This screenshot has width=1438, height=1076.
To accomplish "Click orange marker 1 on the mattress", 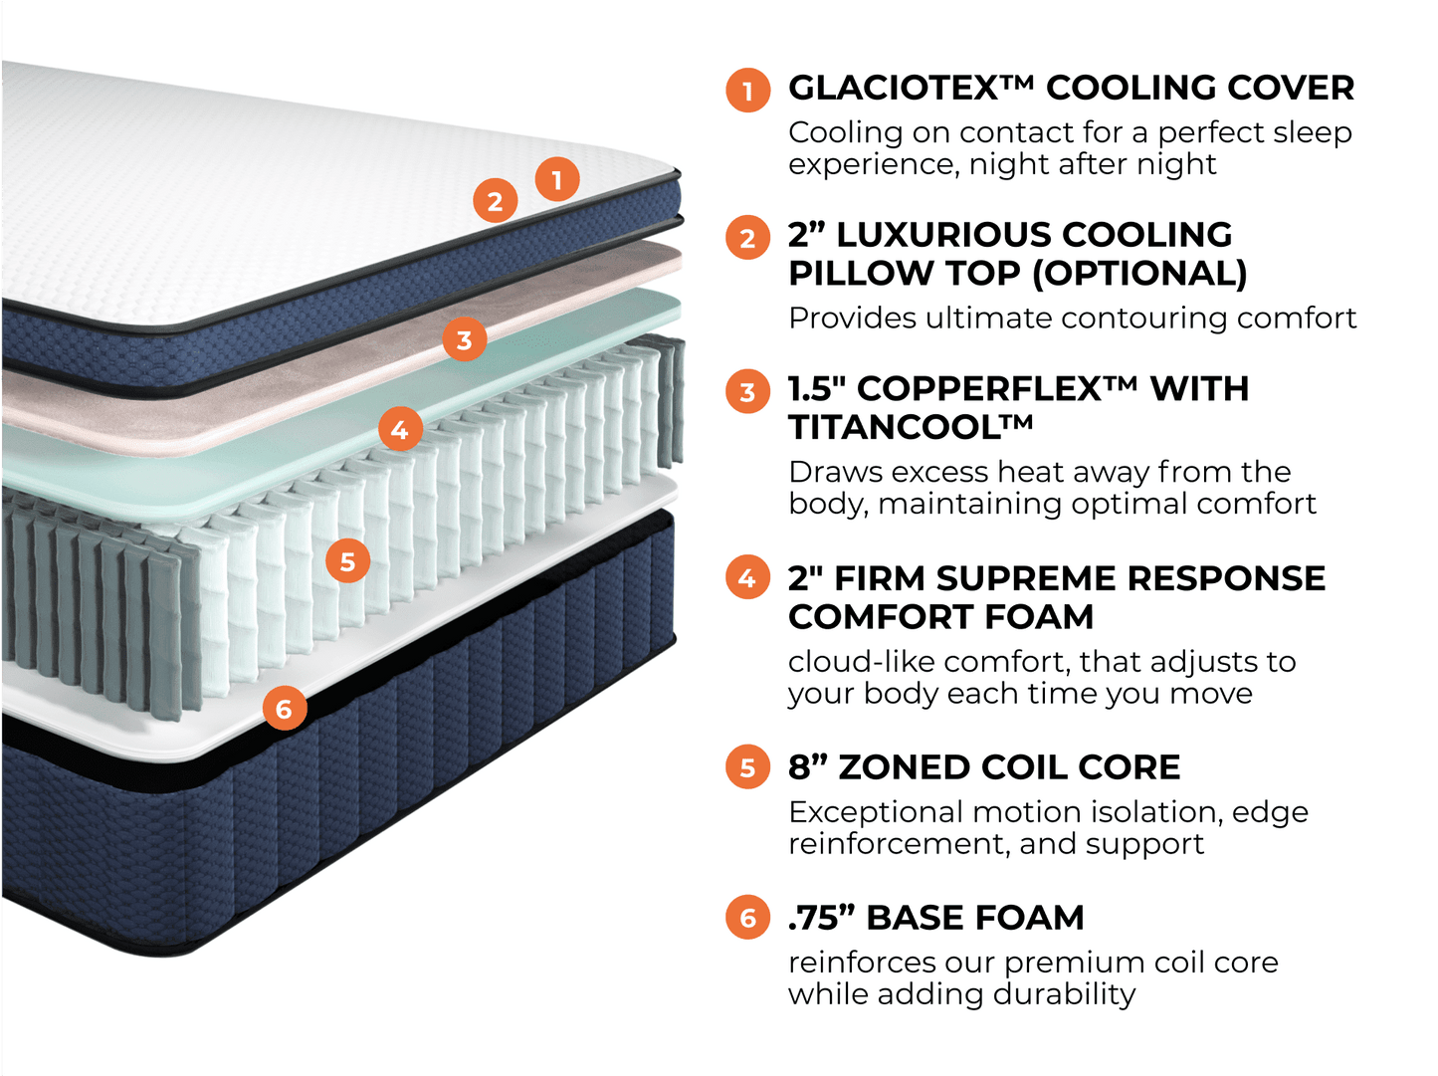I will (557, 179).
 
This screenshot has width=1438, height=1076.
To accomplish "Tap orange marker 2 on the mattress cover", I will (495, 201).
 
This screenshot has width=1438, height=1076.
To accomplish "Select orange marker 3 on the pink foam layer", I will (464, 340).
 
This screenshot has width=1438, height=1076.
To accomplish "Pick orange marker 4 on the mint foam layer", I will (400, 430).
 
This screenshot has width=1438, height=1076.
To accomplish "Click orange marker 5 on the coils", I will (347, 561).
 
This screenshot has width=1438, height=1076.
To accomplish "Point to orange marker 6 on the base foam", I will (285, 709).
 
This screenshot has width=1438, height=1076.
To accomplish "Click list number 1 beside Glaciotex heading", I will (747, 91).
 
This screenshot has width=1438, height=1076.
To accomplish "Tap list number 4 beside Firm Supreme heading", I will (747, 577).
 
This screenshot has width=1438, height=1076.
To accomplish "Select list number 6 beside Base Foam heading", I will (747, 917).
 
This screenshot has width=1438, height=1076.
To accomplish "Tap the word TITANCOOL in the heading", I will (910, 427).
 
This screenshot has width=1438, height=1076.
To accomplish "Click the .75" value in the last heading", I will (822, 917).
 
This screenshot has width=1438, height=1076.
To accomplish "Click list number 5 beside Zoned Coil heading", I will (747, 767).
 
